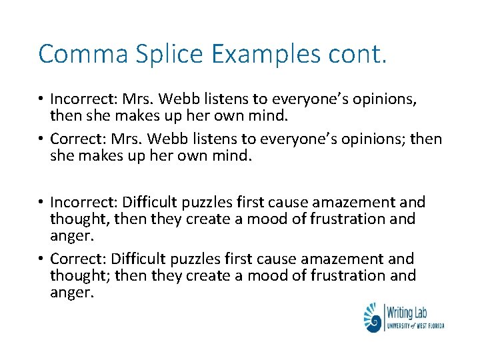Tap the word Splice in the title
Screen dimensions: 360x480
point(158,54)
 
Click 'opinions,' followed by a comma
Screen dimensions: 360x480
point(389,99)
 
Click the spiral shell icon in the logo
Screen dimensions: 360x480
point(373,317)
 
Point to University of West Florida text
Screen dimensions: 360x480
point(415,325)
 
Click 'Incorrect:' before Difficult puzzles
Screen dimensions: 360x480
point(79,202)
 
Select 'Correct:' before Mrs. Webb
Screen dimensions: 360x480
point(73,139)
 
